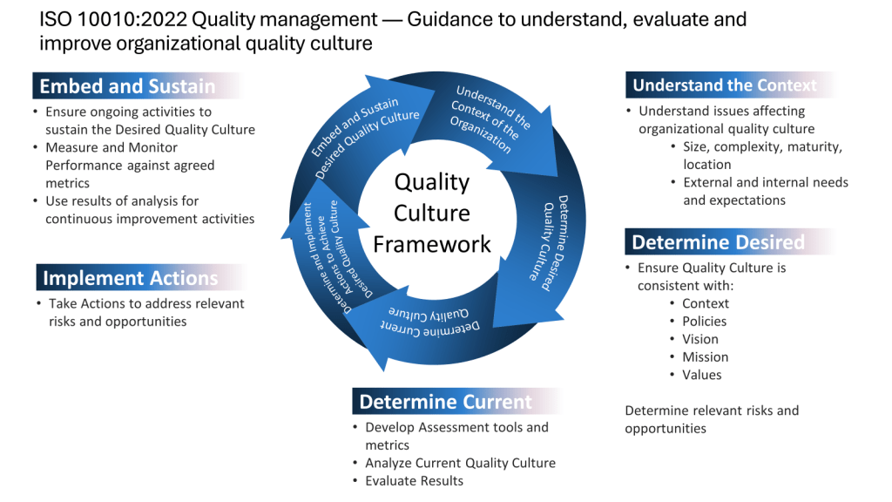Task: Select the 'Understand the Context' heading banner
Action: pos(725,85)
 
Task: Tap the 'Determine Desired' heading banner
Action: pos(718,242)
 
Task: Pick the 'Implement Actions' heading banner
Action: pos(131,278)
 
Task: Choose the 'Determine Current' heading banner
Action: pos(445,402)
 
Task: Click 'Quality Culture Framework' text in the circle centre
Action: pos(432,213)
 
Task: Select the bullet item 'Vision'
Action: pos(700,339)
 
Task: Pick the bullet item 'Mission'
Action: pos(705,356)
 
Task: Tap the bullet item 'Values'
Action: pos(702,375)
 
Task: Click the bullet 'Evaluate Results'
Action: pos(414,481)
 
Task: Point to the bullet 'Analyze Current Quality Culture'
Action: pos(460,463)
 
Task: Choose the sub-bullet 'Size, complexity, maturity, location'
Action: pos(762,155)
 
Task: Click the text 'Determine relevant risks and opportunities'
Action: pos(711,419)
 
